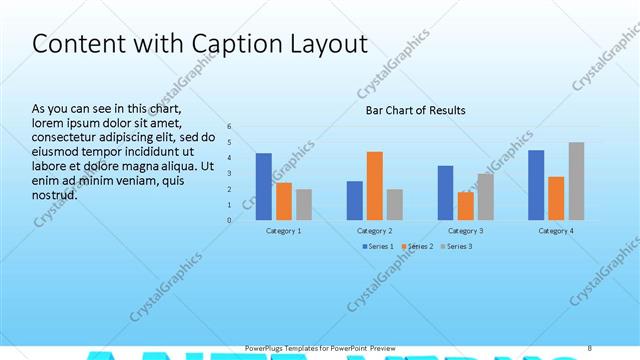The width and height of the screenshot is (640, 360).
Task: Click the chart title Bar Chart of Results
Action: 415,110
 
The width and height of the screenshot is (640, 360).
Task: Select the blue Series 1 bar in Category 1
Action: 264,186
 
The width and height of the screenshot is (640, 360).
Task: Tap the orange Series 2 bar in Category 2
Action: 375,185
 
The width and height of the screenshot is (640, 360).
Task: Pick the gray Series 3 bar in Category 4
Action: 576,181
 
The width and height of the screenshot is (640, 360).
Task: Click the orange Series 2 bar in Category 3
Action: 466,205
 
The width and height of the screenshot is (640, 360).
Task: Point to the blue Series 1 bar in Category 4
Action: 536,184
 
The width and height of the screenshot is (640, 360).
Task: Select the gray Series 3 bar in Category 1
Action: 304,204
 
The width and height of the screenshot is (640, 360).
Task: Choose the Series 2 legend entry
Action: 419,246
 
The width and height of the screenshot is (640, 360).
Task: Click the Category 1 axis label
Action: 284,231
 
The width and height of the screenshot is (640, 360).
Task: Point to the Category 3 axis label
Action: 466,231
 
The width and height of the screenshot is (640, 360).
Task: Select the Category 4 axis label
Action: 556,231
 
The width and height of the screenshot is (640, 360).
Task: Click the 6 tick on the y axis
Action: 229,127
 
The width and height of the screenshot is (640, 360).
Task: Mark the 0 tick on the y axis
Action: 229,220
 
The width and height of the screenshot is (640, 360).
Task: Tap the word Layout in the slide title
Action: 323,45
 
